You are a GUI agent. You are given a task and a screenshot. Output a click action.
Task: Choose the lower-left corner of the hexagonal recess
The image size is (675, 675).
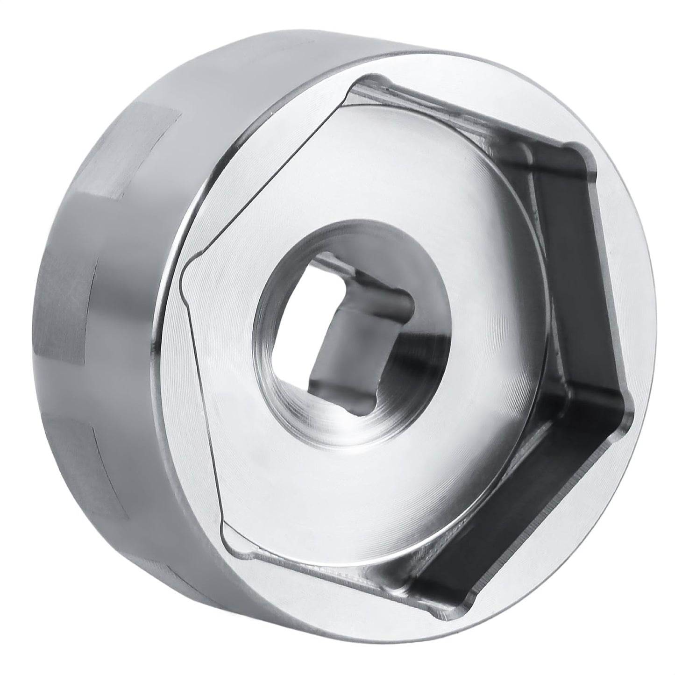click(x=224, y=528)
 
